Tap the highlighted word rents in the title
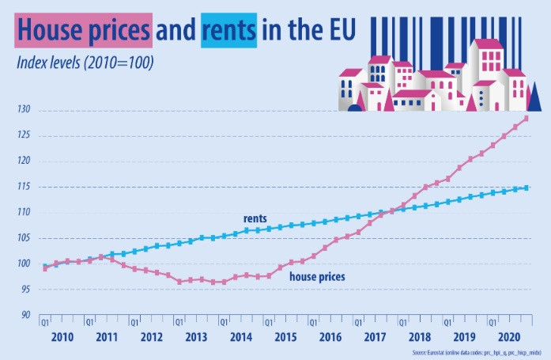228,30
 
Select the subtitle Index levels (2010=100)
82,61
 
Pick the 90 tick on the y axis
27,315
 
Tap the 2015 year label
284,336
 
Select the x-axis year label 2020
508,336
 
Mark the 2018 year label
418,336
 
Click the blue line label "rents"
255,218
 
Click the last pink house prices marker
526,119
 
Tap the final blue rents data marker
526,188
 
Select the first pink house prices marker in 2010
45,269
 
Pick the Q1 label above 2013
179,322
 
